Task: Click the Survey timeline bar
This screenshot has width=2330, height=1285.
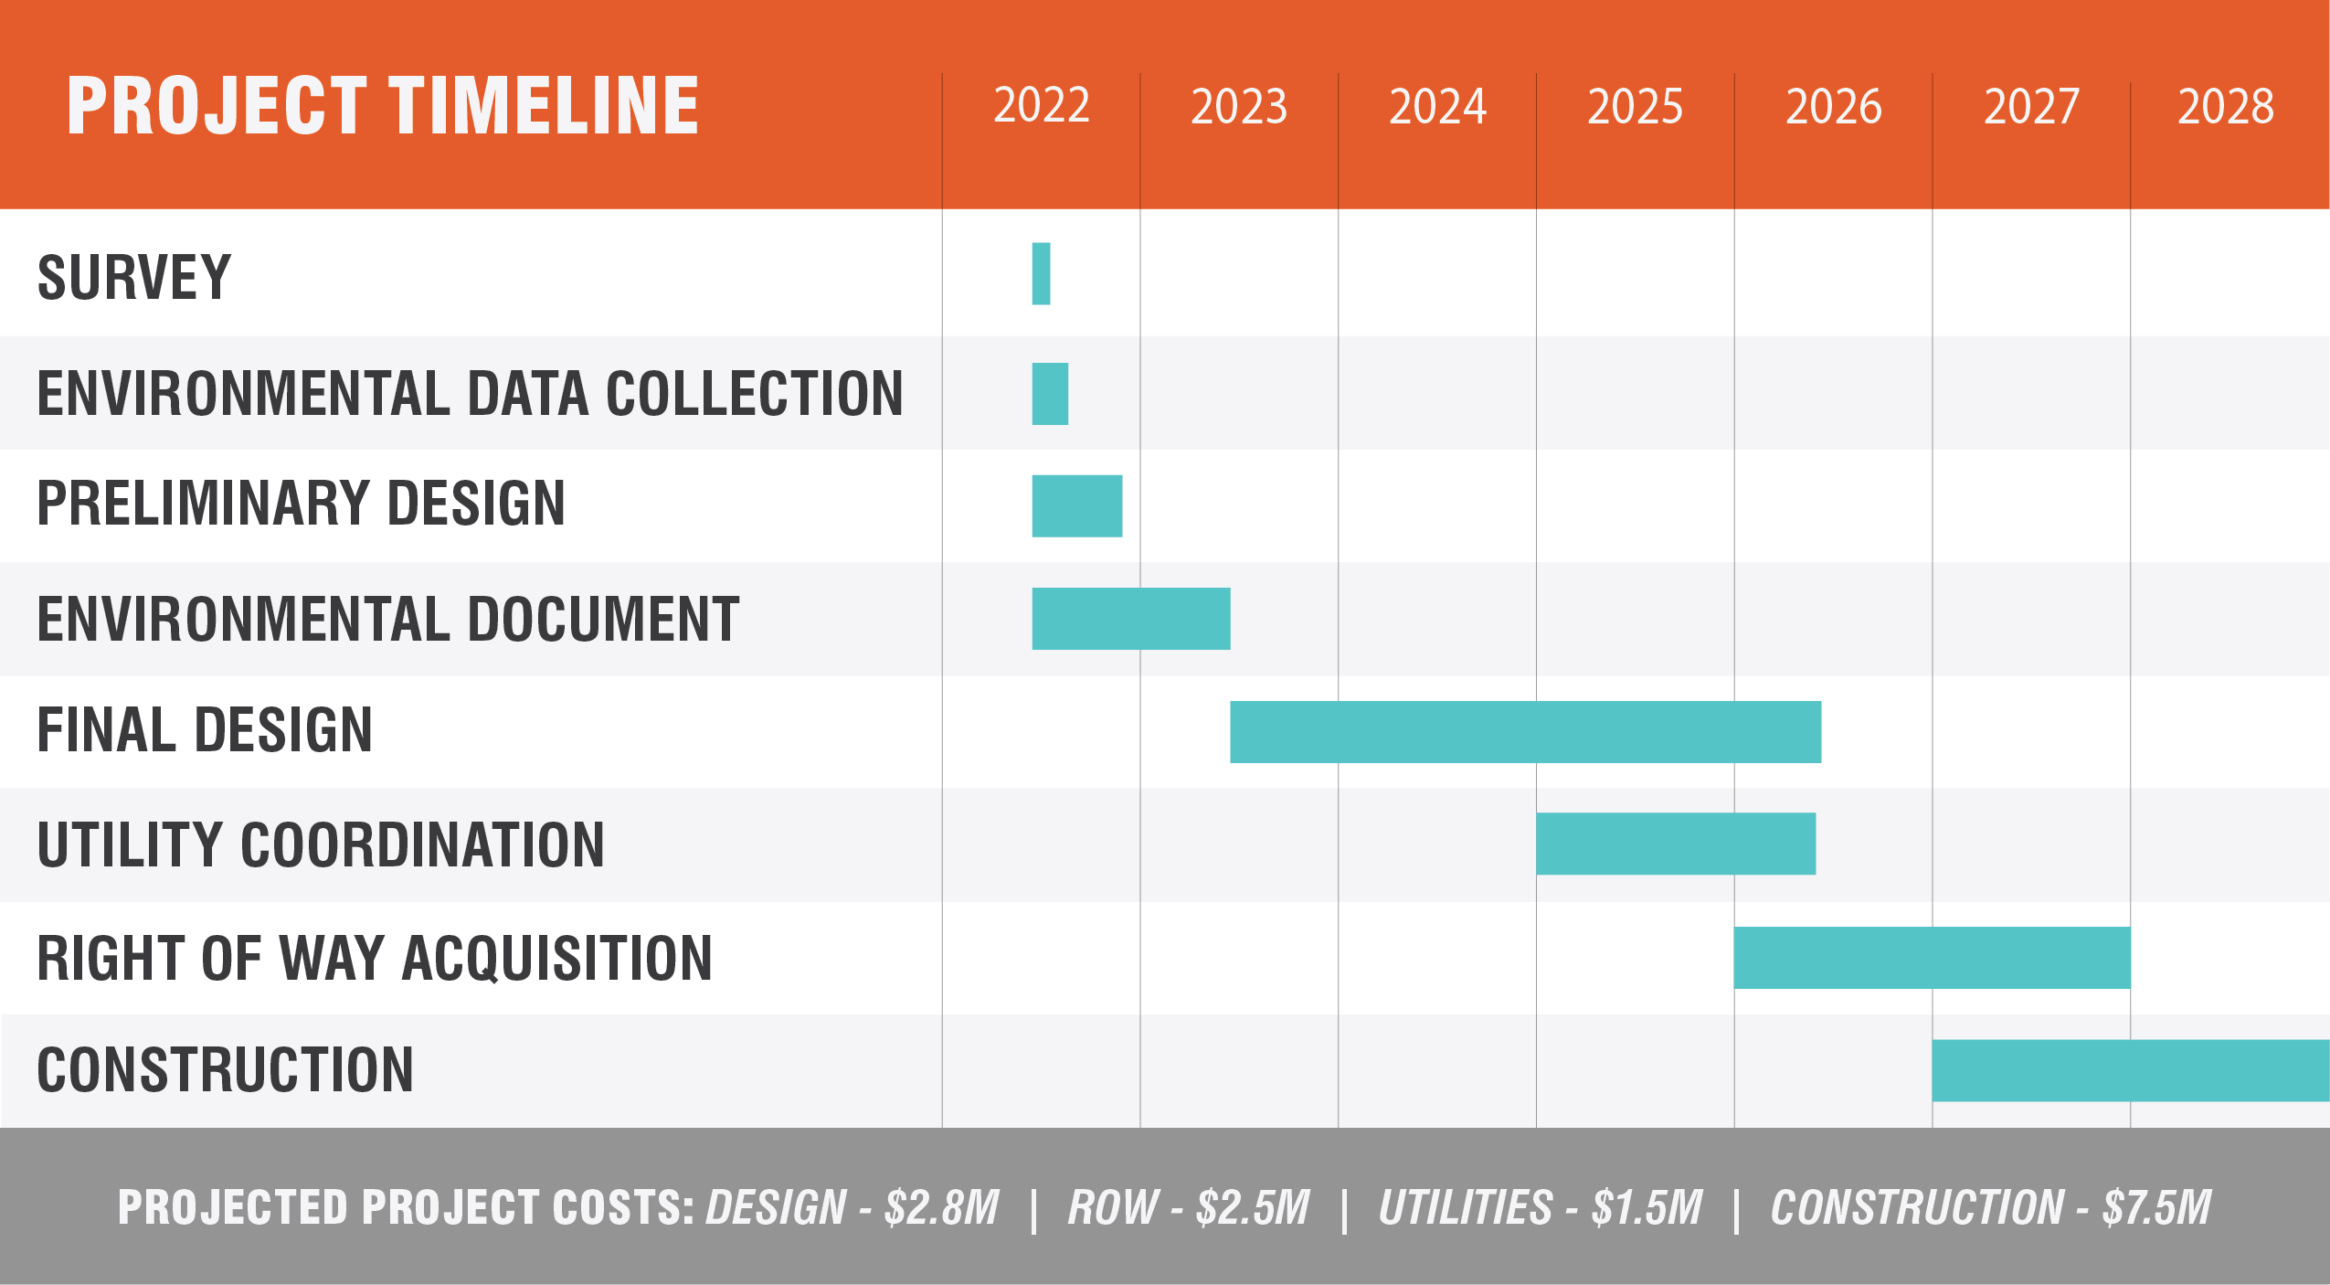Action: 1041,273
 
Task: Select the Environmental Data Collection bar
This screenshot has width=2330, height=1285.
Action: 1050,394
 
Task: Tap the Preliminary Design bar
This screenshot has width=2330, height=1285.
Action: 1076,505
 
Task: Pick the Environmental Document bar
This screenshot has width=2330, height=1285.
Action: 1130,619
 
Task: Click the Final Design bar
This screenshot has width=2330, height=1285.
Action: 1525,731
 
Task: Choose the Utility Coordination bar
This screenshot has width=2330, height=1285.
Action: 1675,844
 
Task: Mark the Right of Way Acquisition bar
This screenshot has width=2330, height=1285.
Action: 1932,957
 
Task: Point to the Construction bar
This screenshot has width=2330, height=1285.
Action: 2130,1070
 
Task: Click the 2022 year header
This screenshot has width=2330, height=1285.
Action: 1042,105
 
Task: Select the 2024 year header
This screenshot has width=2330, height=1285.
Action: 1437,107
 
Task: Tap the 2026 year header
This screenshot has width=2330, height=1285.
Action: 1833,107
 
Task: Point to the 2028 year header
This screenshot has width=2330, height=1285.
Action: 2226,107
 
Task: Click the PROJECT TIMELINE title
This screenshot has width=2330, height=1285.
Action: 383,106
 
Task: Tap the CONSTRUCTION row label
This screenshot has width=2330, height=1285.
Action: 225,1070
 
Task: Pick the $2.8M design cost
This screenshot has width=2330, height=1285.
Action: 942,1207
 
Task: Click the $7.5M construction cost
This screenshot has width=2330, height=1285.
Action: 2157,1207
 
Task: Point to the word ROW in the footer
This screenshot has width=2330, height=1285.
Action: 1113,1207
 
